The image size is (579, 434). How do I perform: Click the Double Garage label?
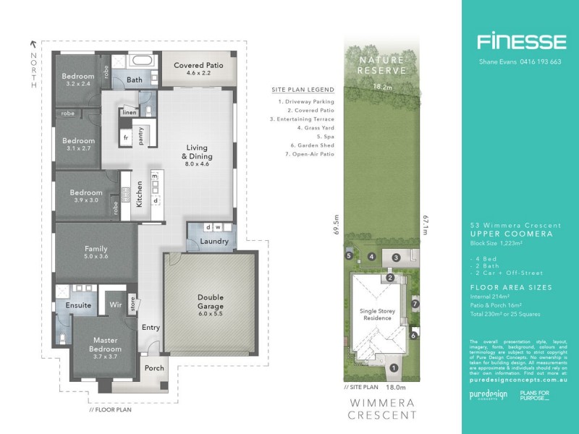tap(211, 302)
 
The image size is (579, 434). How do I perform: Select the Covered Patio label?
tap(198, 69)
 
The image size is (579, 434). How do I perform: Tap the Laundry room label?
tap(215, 242)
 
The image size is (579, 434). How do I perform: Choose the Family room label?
tap(96, 252)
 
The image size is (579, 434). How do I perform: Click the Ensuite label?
tap(78, 305)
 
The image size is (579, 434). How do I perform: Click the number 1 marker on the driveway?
tap(393, 368)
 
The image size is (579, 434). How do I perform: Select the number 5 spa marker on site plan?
tap(348, 255)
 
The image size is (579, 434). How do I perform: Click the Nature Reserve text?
tap(381, 65)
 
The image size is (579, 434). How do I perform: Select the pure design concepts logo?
tap(483, 396)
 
